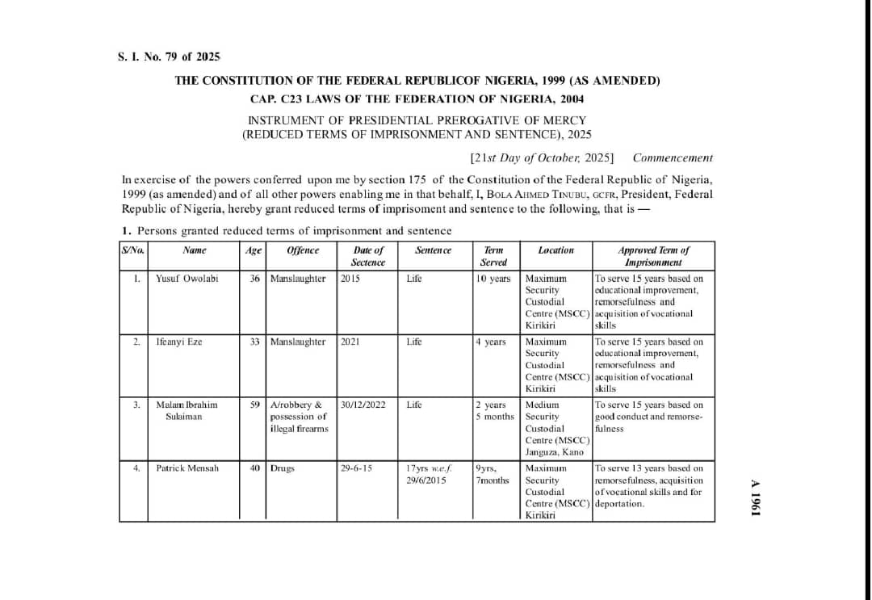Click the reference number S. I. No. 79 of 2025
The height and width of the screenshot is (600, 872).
[168, 57]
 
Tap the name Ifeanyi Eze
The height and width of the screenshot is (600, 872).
[178, 342]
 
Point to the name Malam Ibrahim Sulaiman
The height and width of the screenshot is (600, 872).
[187, 410]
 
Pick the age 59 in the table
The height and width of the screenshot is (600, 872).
[254, 405]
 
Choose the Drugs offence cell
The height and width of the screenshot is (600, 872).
[283, 468]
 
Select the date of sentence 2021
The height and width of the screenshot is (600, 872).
[350, 342]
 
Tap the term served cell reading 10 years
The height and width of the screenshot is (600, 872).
[493, 279]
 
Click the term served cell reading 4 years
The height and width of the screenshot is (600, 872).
[490, 342]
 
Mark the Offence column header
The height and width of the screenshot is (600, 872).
[303, 250]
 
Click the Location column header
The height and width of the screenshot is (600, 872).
[555, 250]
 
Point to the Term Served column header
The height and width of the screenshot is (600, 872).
[493, 256]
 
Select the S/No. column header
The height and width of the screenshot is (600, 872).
[132, 250]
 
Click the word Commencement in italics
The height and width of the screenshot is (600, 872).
[673, 158]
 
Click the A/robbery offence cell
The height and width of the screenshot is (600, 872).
[299, 416]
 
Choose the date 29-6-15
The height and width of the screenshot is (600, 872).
[356, 468]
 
